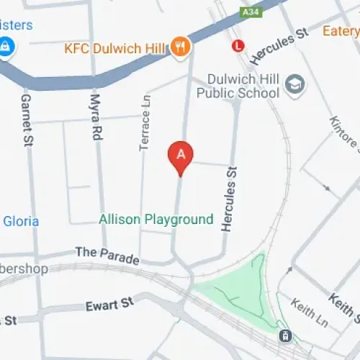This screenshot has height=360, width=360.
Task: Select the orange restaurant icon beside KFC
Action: [x=180, y=47]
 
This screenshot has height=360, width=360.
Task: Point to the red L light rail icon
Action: [x=239, y=46]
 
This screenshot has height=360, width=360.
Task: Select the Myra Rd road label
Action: [x=95, y=115]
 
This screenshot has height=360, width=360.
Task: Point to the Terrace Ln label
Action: [x=144, y=122]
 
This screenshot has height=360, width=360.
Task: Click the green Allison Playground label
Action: [x=156, y=219]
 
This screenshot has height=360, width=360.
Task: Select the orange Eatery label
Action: [x=341, y=31]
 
